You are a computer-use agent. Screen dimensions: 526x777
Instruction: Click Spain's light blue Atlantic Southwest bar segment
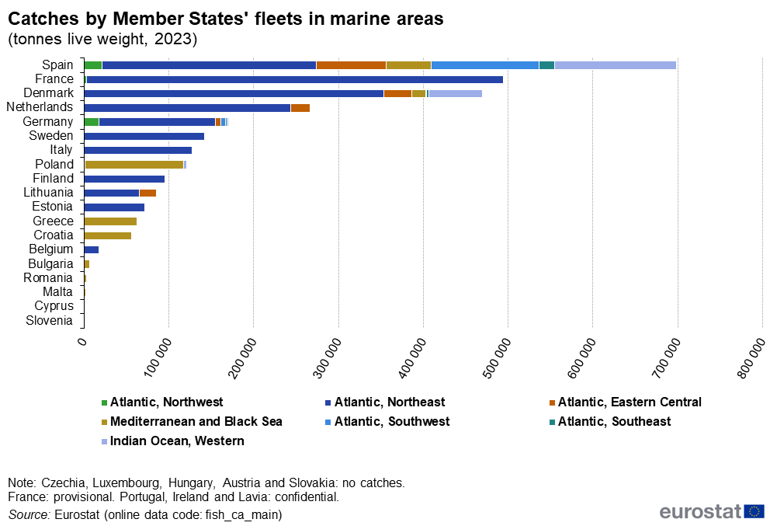[x=485, y=65]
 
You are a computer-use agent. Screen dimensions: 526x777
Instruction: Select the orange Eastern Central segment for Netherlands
[x=300, y=108]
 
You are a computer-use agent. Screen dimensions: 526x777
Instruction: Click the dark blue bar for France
[x=295, y=79]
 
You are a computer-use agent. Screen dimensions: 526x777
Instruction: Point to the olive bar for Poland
[x=134, y=165]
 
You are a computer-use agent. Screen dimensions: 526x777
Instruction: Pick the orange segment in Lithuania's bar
[x=147, y=193]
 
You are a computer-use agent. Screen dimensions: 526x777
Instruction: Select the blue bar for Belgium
[x=92, y=249]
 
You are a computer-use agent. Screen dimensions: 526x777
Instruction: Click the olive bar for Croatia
[x=107, y=235]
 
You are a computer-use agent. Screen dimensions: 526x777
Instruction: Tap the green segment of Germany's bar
[x=92, y=122]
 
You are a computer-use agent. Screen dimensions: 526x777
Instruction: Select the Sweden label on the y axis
[x=50, y=136]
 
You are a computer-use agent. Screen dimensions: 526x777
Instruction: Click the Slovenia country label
[x=49, y=320]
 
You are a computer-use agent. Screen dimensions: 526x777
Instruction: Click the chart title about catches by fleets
[x=226, y=19]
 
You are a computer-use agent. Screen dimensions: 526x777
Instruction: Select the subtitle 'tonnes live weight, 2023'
[x=102, y=39]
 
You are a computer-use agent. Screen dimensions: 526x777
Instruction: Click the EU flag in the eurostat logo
[x=754, y=510]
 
